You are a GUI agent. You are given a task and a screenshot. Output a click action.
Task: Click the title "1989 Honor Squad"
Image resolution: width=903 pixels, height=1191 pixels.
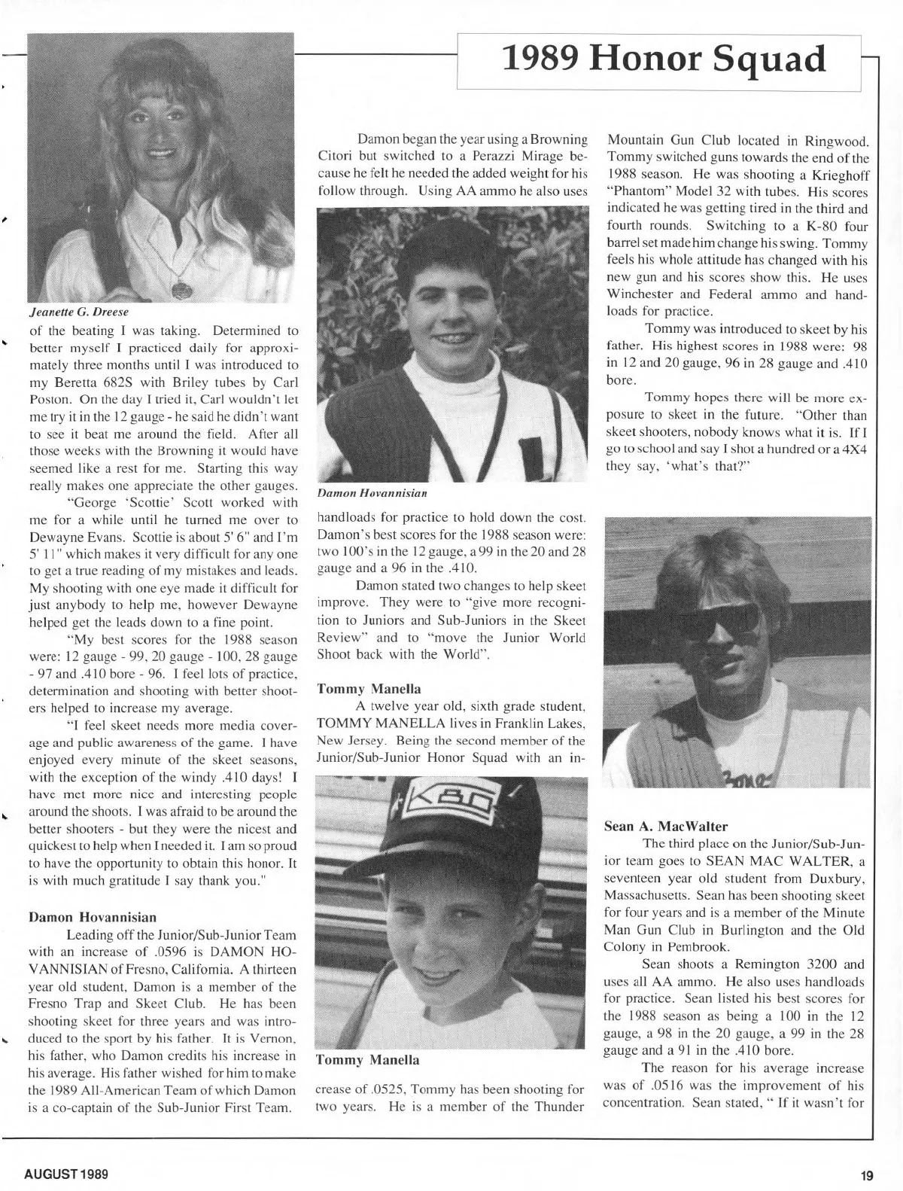(x=663, y=59)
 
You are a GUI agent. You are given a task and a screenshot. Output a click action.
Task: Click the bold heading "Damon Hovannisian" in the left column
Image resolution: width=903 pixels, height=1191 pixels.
(x=93, y=917)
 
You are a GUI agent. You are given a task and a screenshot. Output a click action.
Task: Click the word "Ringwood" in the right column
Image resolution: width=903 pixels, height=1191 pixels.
(x=836, y=141)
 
